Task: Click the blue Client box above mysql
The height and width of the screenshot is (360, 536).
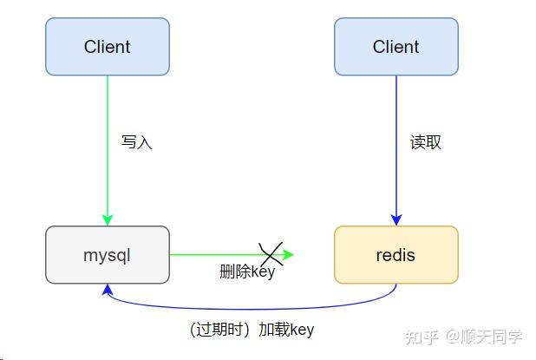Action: tap(107, 47)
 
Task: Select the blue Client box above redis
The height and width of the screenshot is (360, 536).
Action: tap(395, 47)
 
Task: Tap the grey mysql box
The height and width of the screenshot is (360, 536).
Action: tap(107, 255)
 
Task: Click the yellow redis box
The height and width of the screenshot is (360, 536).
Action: tap(395, 255)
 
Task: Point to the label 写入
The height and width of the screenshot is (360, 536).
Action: tap(137, 142)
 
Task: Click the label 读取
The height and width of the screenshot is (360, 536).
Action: tap(426, 142)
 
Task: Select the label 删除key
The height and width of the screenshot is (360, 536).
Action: tap(247, 272)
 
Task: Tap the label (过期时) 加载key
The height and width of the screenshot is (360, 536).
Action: tap(252, 330)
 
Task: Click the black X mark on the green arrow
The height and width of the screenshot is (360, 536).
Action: tap(271, 253)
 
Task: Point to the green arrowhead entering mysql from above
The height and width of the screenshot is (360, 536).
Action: tap(108, 219)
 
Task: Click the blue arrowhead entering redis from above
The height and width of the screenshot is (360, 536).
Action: tap(396, 219)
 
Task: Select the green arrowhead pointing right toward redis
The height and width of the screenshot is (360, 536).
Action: tap(289, 255)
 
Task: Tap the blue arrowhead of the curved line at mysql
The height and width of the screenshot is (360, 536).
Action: tap(107, 290)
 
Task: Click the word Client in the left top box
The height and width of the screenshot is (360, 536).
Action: tap(107, 47)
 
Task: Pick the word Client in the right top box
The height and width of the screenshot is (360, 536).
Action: tap(395, 47)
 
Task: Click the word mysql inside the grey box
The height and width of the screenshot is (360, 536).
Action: tap(107, 255)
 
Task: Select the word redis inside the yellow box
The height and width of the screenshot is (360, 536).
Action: tap(395, 255)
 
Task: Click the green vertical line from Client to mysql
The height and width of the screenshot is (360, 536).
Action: tap(108, 113)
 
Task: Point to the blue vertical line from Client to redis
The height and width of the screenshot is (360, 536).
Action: tap(396, 113)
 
